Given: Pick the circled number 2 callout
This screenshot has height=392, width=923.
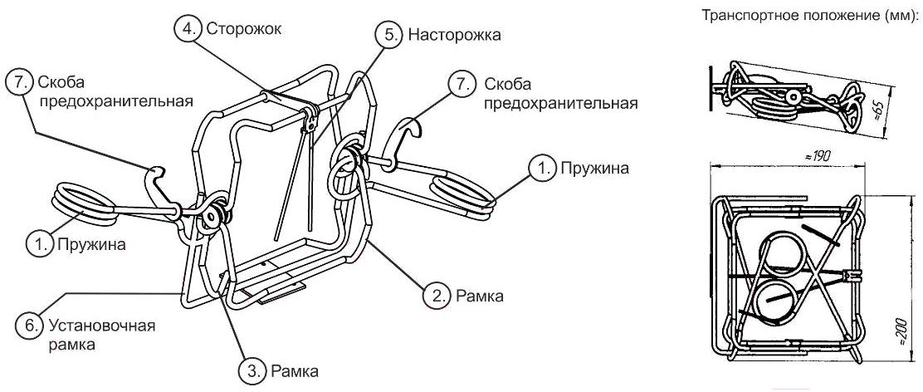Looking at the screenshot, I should [x=437, y=294].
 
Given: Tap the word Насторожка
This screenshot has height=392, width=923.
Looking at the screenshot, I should [x=455, y=36].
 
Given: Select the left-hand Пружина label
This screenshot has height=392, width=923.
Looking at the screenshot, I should [x=91, y=245].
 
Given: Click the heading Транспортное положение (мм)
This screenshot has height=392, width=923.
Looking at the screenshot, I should [x=808, y=15].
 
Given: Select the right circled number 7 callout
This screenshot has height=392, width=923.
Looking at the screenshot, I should [x=457, y=84].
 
